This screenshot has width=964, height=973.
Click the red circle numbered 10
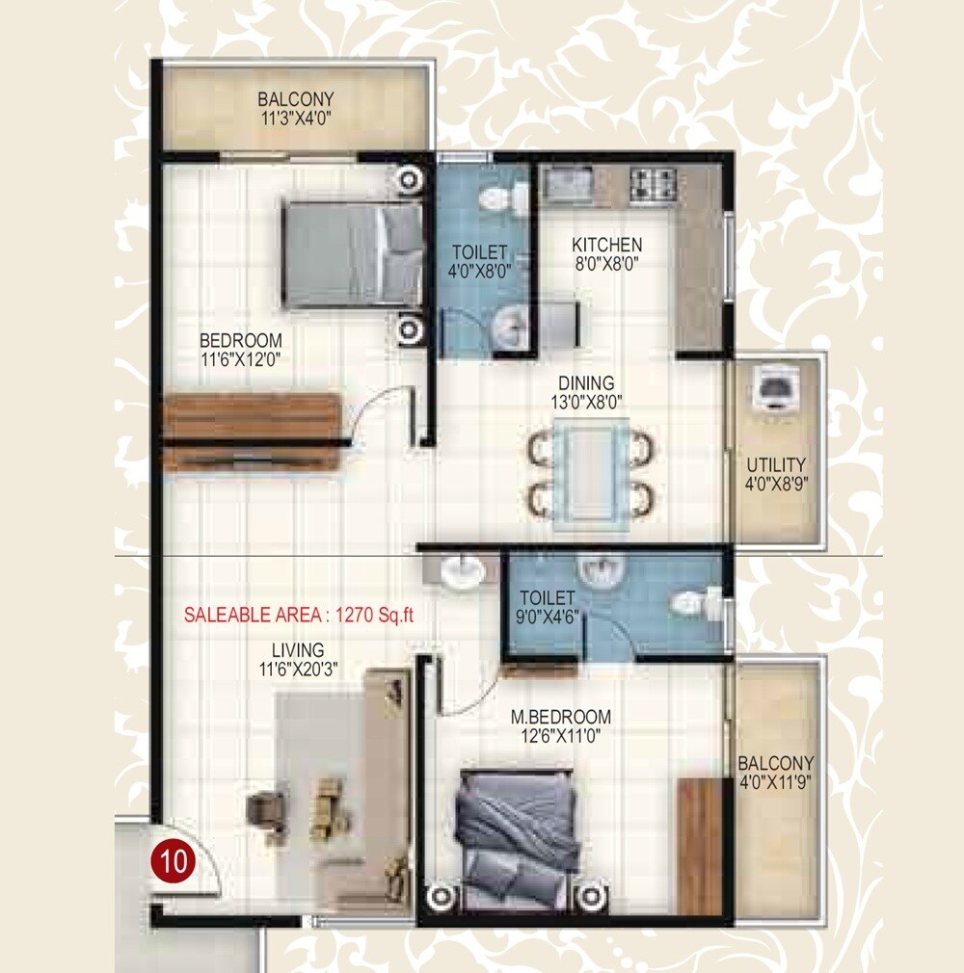(174, 860)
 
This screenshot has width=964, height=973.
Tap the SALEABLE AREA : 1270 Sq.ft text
(299, 615)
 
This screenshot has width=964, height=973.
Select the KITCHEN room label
(606, 244)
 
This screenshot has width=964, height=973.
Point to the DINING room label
(591, 383)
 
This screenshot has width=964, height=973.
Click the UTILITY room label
(776, 464)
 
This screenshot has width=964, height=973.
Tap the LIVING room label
(297, 650)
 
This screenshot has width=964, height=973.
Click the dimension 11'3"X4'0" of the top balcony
(295, 118)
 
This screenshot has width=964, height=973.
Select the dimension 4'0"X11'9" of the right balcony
(776, 782)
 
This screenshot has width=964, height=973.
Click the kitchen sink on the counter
(568, 183)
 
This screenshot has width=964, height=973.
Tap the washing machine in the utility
(775, 388)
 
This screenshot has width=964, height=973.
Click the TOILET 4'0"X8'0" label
(480, 262)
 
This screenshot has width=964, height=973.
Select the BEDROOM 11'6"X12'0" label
(240, 350)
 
